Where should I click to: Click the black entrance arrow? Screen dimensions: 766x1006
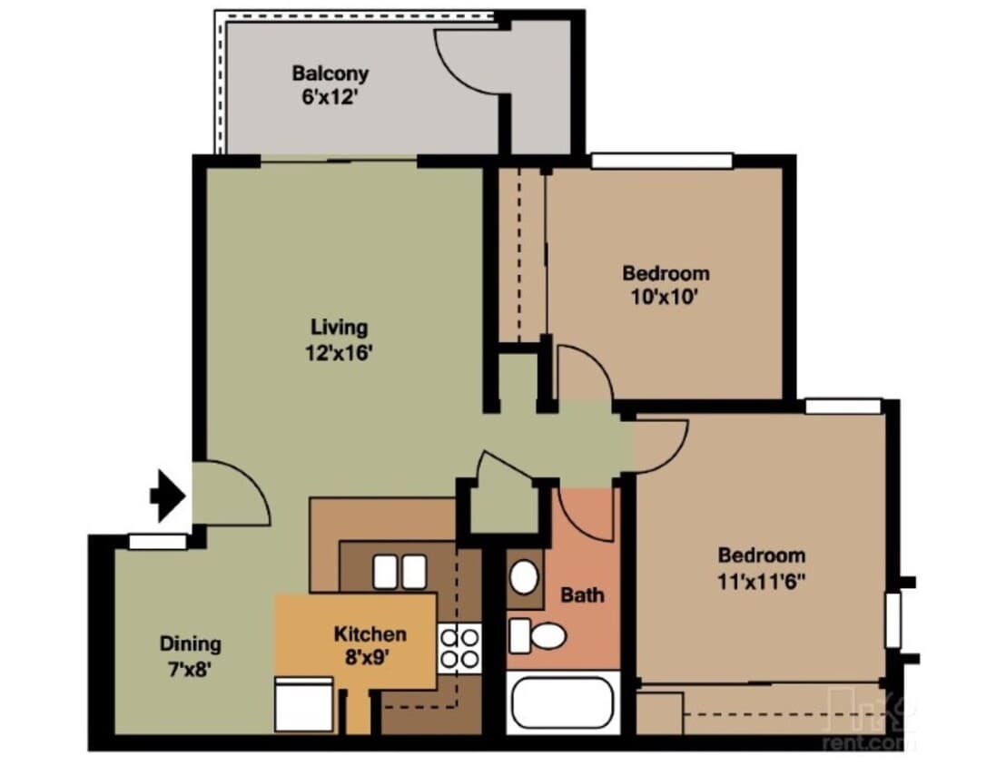(168, 496)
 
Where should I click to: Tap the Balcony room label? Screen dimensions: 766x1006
(330, 74)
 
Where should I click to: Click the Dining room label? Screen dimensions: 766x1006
(191, 644)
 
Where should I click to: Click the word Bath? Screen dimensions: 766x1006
(582, 595)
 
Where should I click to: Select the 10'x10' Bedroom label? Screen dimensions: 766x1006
(665, 273)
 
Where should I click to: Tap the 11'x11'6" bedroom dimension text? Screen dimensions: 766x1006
(761, 580)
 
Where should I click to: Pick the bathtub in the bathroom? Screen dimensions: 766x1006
(564, 704)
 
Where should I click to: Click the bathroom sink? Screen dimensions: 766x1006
(523, 577)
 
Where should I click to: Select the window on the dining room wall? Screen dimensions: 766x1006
(156, 542)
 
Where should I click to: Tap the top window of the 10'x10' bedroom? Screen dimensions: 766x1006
(661, 162)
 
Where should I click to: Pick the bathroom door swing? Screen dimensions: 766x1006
(585, 515)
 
